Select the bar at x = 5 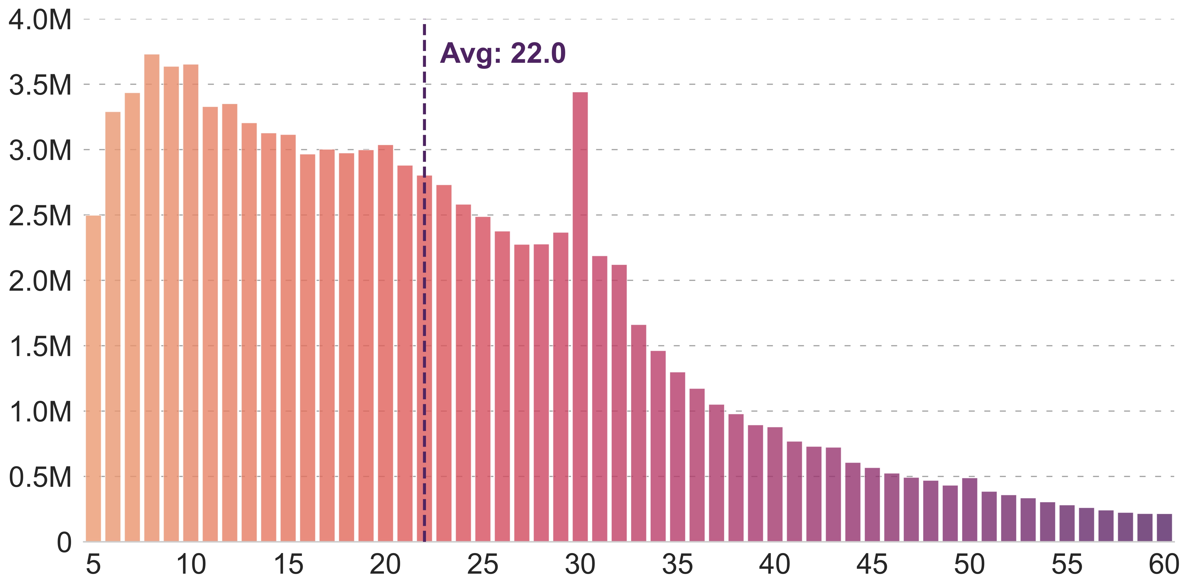pos(93,378)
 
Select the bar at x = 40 pos(775,484)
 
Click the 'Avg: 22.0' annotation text pos(503,54)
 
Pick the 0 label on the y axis pos(64,542)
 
